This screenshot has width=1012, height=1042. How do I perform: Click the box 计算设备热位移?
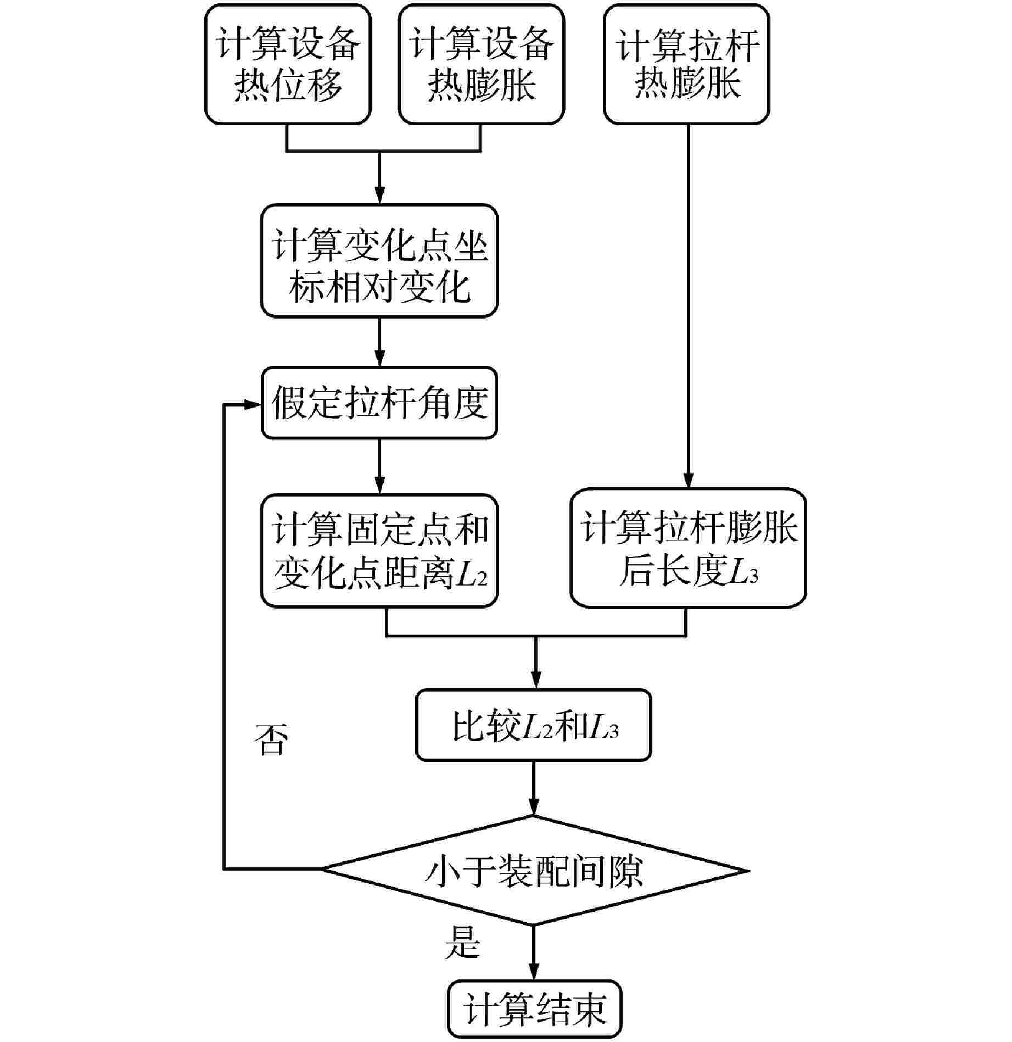pos(288,64)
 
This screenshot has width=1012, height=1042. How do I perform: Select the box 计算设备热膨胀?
pos(481,64)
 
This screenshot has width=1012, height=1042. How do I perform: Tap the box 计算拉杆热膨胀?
pos(686,64)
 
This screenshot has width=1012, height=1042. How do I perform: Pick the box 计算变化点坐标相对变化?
pos(379,261)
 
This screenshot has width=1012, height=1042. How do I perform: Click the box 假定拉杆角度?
pos(379,403)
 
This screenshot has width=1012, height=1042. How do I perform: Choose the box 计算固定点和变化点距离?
pos(379,551)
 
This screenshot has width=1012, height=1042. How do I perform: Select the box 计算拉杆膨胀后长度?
pos(688,548)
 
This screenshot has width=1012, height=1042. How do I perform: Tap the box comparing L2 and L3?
pos(534,725)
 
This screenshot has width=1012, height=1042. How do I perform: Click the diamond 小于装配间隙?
pos(534,870)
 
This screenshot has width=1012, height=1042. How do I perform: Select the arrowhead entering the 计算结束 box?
pos(534,972)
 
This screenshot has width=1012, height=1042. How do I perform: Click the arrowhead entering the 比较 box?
pos(535,681)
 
